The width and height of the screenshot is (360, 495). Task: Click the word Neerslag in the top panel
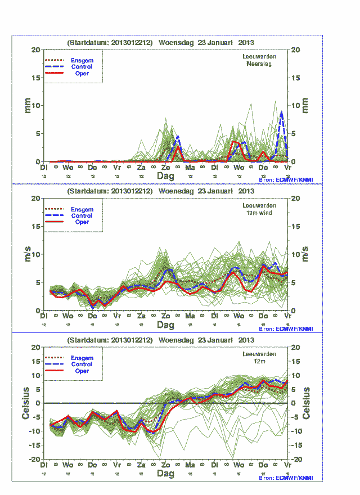coord(259,64)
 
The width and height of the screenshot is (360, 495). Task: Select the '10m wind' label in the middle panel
coord(258,213)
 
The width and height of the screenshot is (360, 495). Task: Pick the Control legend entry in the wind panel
coord(82,215)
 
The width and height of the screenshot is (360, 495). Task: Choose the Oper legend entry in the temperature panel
coord(82,371)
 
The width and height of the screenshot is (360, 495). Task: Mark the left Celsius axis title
coord(26,403)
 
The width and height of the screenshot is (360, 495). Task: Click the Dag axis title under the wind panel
coord(165,325)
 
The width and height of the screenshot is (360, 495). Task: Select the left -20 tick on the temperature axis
coord(34,459)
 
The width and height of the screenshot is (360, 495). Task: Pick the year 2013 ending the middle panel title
coord(246,191)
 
